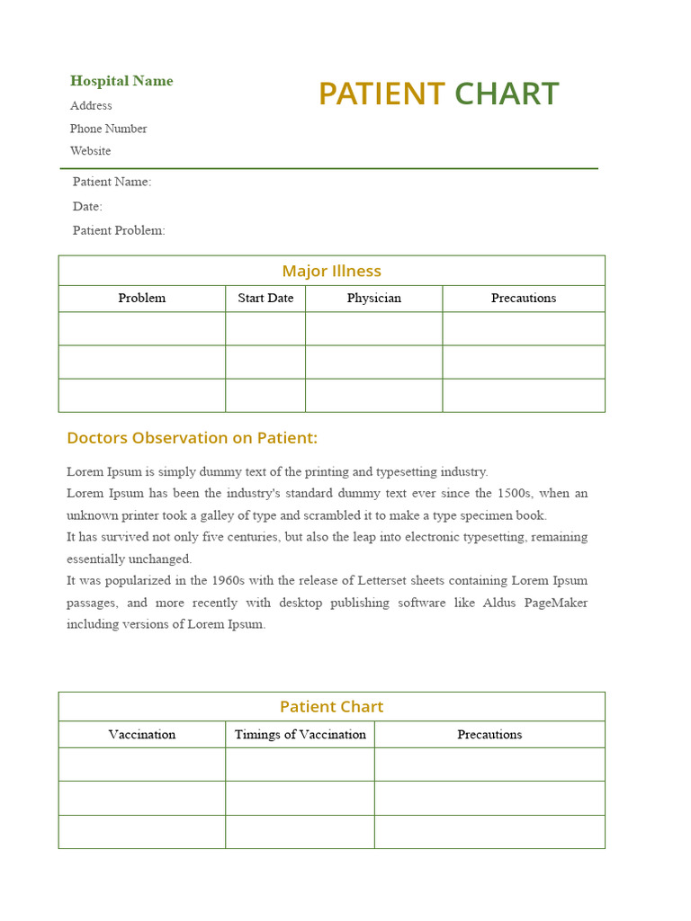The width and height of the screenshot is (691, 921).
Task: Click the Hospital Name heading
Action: pos(121,81)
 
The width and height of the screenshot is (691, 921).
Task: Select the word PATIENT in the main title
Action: pos(381,94)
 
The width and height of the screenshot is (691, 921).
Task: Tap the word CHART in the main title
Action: pos(507,94)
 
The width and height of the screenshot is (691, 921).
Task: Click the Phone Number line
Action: pos(108,129)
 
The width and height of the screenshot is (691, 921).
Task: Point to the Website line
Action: pos(91,151)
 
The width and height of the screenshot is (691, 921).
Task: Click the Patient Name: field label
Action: pos(112,182)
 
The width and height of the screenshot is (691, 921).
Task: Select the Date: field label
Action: pos(87,206)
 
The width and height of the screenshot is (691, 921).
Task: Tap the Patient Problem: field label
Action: pos(119,230)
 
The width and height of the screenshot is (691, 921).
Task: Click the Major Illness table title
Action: pos(331,271)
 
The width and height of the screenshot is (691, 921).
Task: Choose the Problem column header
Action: pos(141,298)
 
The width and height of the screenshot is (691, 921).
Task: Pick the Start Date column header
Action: pos(265,298)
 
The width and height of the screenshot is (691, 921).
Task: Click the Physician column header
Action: pos(373,298)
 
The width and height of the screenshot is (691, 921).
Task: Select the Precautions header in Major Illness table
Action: pos(523,298)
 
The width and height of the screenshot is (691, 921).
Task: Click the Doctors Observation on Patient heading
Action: pos(192,438)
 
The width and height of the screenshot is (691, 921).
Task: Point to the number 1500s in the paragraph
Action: pos(514,493)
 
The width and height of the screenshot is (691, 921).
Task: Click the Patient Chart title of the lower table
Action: pos(331,707)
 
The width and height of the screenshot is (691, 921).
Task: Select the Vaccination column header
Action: pos(141,735)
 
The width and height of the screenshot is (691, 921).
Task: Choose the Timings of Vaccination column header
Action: pos(300,735)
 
